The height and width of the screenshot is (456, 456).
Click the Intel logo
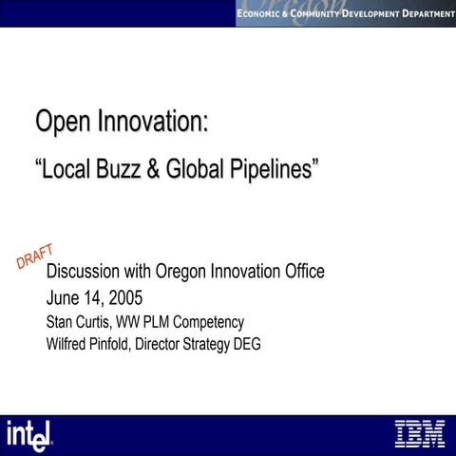click(x=31, y=434)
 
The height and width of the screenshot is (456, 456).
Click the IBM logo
click(x=419, y=433)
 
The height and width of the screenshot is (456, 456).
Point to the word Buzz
click(x=118, y=170)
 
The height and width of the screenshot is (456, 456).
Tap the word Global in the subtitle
click(x=193, y=170)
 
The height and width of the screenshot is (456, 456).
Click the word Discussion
click(x=92, y=272)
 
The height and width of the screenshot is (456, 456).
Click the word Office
click(x=298, y=272)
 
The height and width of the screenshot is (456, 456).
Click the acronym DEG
click(x=246, y=344)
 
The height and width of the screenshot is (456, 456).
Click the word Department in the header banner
click(x=418, y=12)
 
